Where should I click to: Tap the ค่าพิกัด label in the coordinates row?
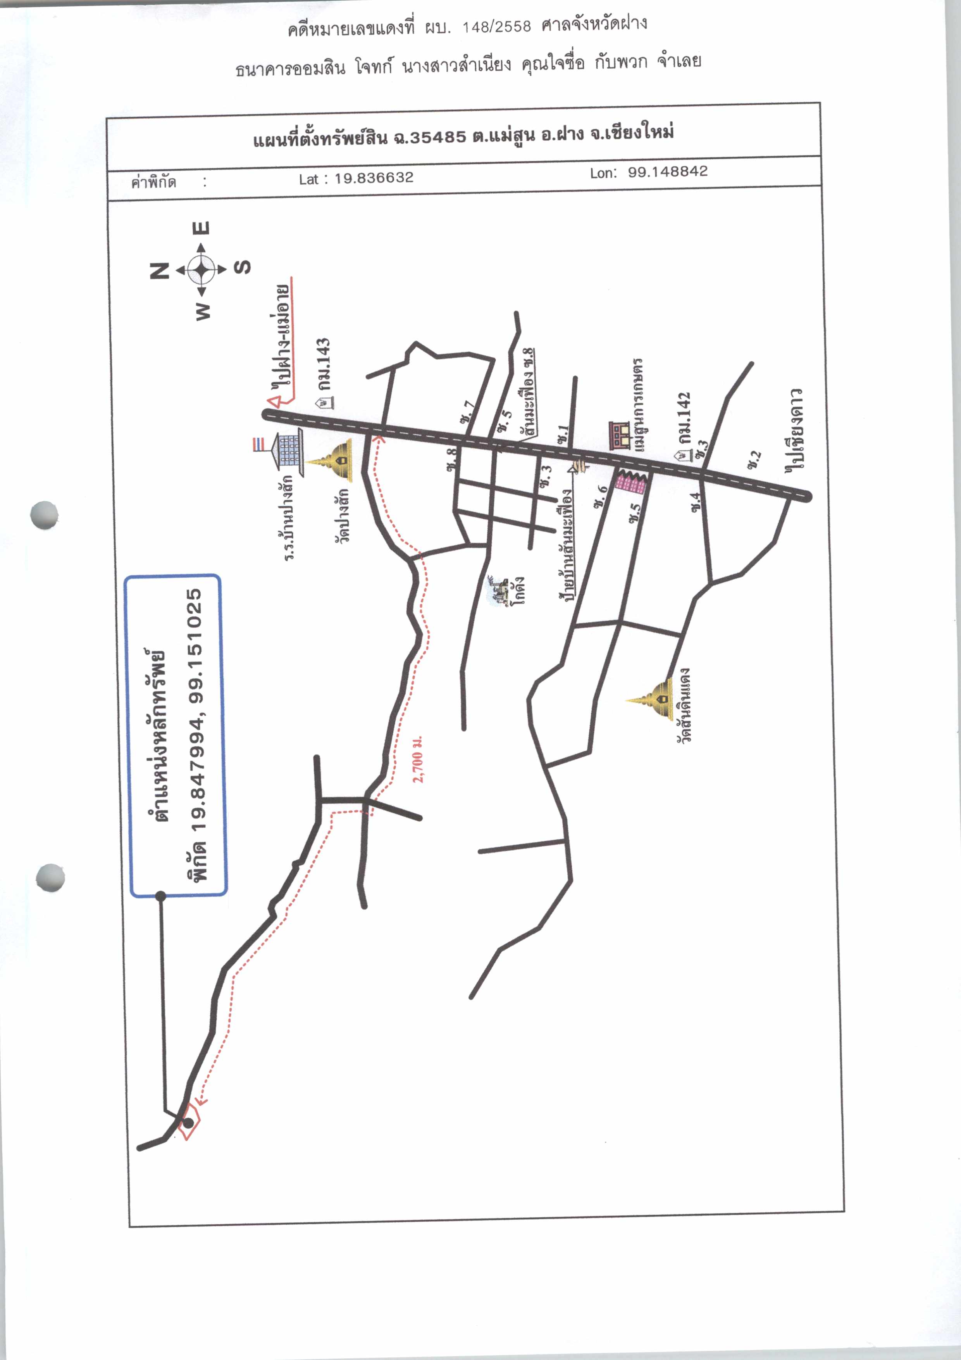tap(153, 182)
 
